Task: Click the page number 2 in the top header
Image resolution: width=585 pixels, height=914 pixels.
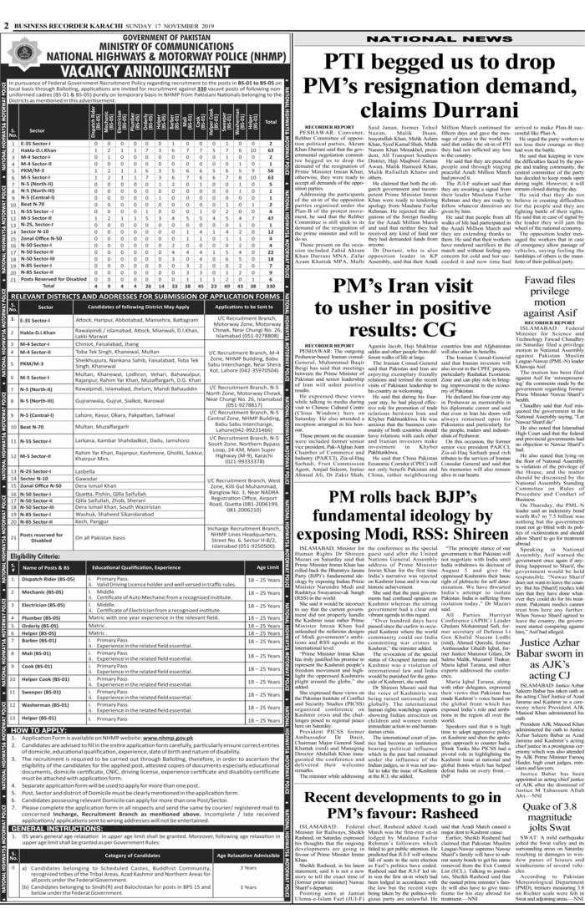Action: click(6, 7)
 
